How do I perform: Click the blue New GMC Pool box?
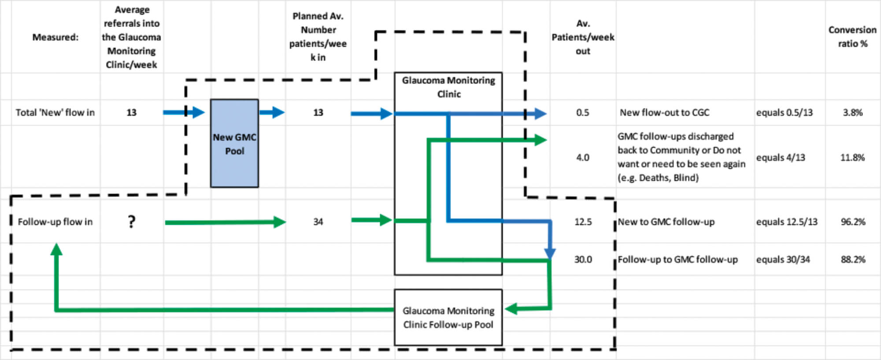tap(234, 144)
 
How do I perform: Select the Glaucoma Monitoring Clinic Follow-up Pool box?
tap(448, 317)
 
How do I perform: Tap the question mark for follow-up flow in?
tap(131, 222)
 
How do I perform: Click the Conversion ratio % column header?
tap(852, 37)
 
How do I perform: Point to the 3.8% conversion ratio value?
tap(852, 112)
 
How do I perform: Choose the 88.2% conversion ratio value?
tap(853, 260)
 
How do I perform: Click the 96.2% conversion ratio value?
tap(853, 222)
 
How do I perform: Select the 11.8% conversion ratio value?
tap(852, 157)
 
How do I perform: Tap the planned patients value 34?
tap(318, 222)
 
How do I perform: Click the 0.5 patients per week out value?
tap(582, 112)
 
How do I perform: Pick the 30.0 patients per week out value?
tap(583, 260)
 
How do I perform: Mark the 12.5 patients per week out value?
tap(583, 222)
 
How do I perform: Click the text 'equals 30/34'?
tap(783, 260)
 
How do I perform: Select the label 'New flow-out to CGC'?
tap(664, 112)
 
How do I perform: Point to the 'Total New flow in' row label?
tap(55, 112)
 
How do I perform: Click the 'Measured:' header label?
tap(55, 37)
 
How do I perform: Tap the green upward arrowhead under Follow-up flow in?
tap(56, 249)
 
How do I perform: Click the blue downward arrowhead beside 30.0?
tap(550, 253)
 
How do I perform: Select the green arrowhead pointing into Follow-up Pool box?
tap(511, 309)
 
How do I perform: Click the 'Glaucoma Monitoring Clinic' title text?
tap(448, 87)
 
